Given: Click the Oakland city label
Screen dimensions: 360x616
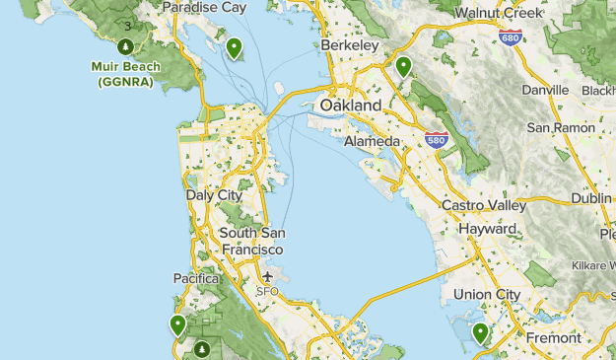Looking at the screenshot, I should point(350,106).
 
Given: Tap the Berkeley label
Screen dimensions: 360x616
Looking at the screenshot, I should point(350,45).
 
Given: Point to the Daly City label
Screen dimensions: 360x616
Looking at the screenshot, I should point(214,195).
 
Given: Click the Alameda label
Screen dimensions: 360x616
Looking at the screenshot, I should point(372,142).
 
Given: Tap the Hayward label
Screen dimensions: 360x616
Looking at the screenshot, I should point(488,228).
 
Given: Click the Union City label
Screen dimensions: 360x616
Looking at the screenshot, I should point(486,294).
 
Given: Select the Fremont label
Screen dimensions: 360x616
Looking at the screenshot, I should point(554,337).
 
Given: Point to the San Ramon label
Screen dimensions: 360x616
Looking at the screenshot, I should point(561,127).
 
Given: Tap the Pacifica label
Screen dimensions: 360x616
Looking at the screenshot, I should point(195,279).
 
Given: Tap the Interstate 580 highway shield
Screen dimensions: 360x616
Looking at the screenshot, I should point(437,141).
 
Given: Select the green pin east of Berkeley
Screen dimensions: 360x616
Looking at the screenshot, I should point(403,66).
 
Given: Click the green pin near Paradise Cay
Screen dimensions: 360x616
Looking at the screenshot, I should point(234,46).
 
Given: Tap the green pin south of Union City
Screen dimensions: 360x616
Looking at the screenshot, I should point(480,332).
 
